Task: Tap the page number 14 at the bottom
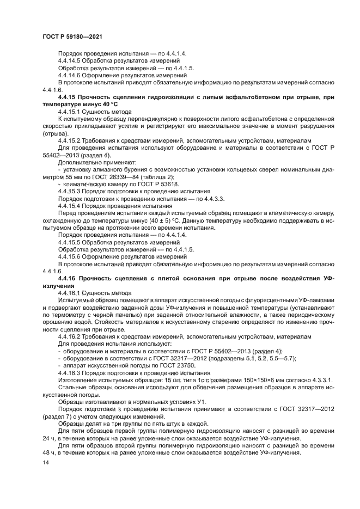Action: (46, 462)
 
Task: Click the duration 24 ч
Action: (47, 437)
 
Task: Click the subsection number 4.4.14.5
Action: (70, 61)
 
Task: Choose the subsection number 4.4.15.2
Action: (70, 139)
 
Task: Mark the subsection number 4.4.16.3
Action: (70, 373)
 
